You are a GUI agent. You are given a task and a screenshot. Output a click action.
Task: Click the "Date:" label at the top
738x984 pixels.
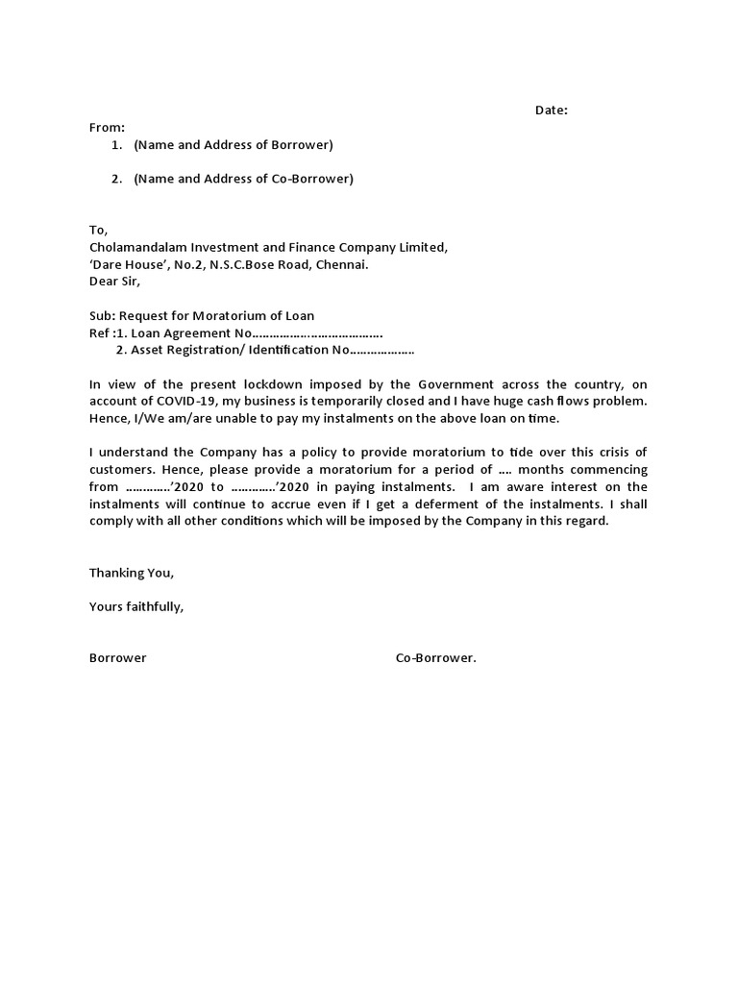coord(552,111)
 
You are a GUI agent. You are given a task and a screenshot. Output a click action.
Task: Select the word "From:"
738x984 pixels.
coord(107,128)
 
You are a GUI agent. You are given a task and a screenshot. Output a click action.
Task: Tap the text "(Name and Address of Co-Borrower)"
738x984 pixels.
coord(243,179)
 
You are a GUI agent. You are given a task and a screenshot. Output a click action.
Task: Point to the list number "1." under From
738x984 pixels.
coord(116,145)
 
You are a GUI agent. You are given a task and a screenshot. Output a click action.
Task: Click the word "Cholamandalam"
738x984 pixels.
coord(135,247)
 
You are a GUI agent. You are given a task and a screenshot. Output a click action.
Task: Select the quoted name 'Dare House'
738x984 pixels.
coord(130,264)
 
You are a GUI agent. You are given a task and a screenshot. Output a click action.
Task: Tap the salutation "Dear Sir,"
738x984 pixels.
coord(114,282)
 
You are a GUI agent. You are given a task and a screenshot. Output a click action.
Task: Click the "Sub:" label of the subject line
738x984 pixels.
coord(102,316)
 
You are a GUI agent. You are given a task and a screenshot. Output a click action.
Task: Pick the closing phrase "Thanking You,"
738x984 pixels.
coord(132,573)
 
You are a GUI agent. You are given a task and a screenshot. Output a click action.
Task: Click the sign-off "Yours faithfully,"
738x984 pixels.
coord(135,607)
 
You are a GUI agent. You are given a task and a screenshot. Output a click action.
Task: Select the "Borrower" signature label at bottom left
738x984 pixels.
coord(118,658)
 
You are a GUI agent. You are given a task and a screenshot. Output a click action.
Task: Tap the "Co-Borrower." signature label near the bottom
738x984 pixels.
coord(436,658)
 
